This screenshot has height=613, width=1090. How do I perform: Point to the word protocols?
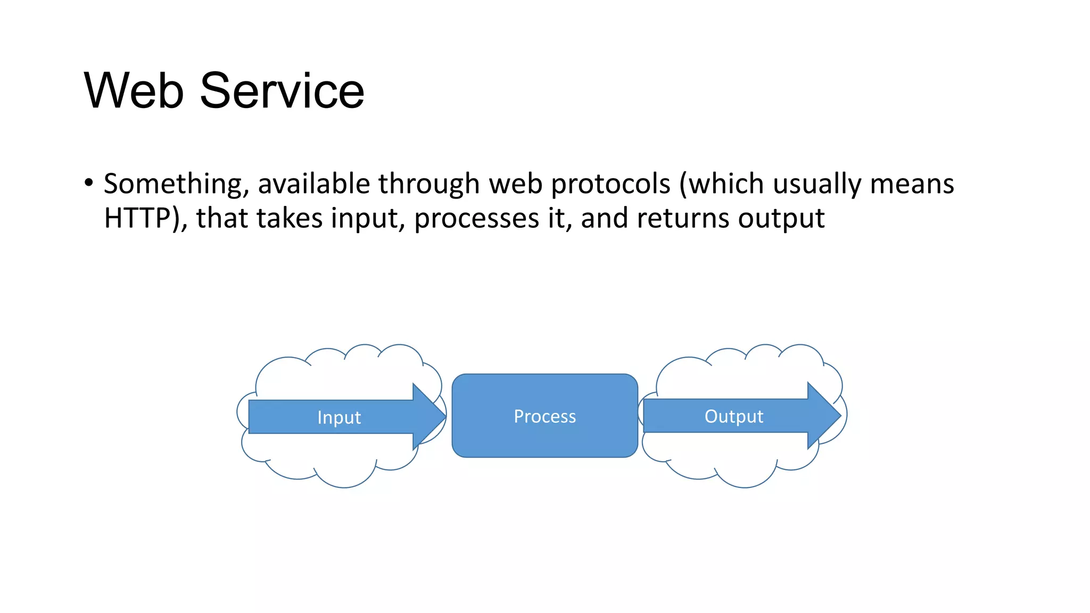[610, 185]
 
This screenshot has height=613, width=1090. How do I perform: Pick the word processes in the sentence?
[476, 219]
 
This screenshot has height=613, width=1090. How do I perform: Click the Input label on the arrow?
[339, 417]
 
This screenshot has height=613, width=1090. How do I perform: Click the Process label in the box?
[544, 416]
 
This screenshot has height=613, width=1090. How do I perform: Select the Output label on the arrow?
[733, 416]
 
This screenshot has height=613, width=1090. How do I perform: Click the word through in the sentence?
[429, 185]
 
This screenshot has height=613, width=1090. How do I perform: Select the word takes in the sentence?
[290, 218]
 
